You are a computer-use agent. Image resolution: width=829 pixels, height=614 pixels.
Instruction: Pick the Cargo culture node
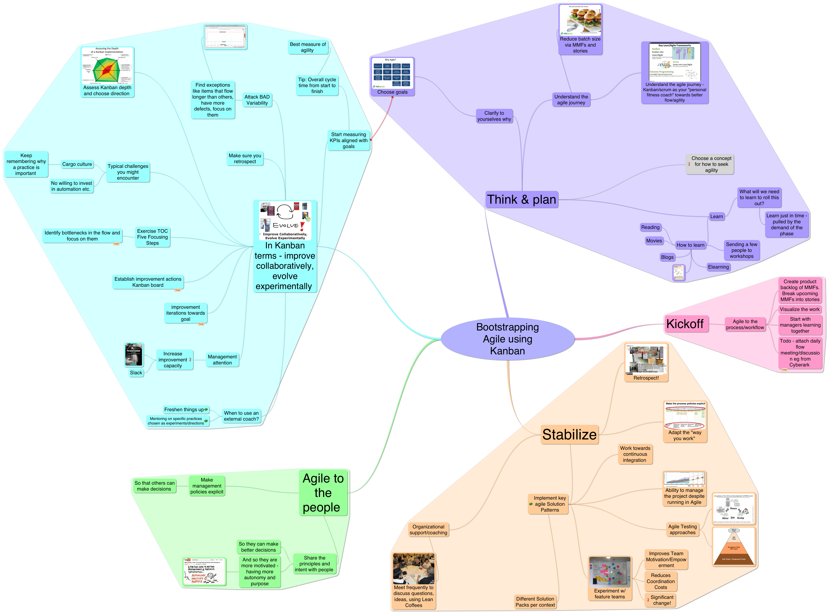click(77, 164)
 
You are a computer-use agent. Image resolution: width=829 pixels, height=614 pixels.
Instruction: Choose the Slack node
click(136, 373)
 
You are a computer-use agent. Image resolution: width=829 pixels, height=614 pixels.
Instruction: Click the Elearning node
click(718, 267)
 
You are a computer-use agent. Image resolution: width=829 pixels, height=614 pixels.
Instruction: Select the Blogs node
click(667, 257)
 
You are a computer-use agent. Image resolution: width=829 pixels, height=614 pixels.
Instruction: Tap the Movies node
click(654, 241)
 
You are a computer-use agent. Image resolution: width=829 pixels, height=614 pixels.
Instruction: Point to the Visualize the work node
click(800, 309)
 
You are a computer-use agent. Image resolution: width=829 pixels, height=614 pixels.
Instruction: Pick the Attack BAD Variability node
click(257, 100)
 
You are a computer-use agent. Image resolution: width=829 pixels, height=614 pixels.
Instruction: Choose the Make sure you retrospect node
click(245, 159)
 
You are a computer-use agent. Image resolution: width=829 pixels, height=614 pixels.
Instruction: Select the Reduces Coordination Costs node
click(661, 581)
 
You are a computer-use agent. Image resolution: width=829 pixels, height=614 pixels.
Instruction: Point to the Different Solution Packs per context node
click(535, 602)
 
